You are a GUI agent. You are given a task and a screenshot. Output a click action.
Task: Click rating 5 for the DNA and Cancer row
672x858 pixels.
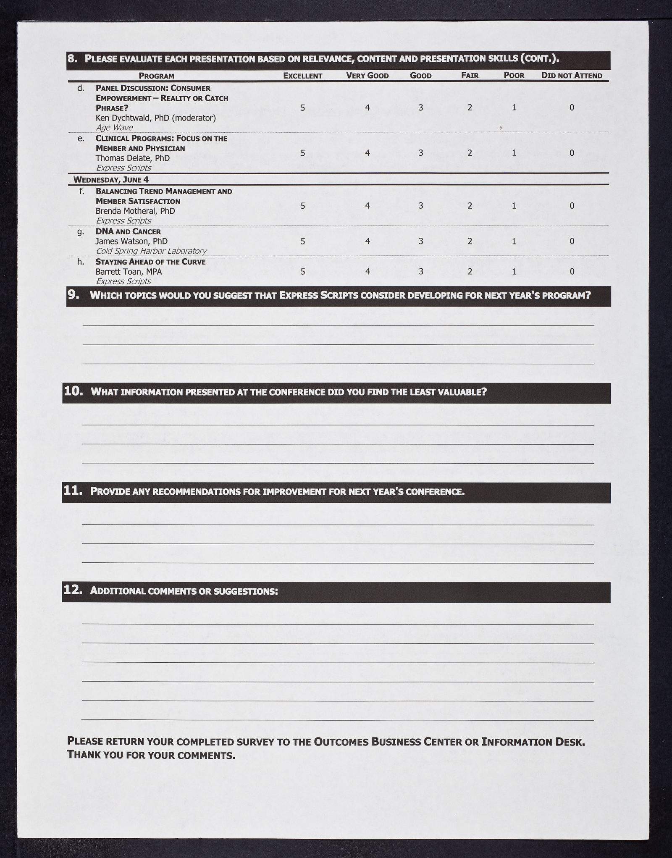[x=303, y=241]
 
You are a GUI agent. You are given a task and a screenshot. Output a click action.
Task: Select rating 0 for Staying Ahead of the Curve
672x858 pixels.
[x=572, y=272]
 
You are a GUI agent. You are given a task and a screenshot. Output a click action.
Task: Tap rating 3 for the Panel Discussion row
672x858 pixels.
[x=421, y=108]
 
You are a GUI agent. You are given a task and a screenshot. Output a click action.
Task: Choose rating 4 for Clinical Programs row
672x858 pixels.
[x=367, y=153]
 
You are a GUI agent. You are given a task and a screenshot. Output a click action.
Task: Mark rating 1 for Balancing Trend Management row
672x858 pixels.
[x=514, y=206]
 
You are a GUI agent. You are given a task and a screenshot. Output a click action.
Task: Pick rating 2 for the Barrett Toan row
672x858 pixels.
[x=470, y=272]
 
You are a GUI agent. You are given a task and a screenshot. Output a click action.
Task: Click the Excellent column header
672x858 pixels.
[x=302, y=76]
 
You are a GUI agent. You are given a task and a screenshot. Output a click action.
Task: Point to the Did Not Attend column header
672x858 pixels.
[x=572, y=76]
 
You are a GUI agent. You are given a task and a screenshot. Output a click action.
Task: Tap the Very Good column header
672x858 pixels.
[x=367, y=76]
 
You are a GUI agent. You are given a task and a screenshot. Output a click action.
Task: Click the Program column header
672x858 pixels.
[x=156, y=76]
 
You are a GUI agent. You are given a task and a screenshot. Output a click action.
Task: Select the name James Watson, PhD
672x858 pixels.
[x=131, y=241]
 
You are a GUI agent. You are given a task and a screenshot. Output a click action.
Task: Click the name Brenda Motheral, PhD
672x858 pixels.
[x=135, y=211]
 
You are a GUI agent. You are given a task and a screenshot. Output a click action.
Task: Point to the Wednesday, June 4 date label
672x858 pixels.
[x=111, y=180]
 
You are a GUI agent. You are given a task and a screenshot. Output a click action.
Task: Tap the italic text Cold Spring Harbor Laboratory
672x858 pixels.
[x=151, y=251]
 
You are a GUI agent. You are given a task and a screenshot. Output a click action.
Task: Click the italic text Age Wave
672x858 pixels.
[x=114, y=128]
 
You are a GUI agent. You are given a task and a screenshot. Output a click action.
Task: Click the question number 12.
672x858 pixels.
[x=73, y=590]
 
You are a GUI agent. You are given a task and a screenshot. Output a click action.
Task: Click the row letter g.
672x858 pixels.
[x=81, y=231]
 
